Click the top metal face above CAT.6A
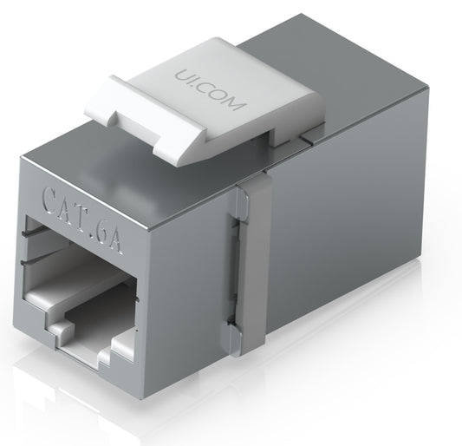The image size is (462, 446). click(130, 169)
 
